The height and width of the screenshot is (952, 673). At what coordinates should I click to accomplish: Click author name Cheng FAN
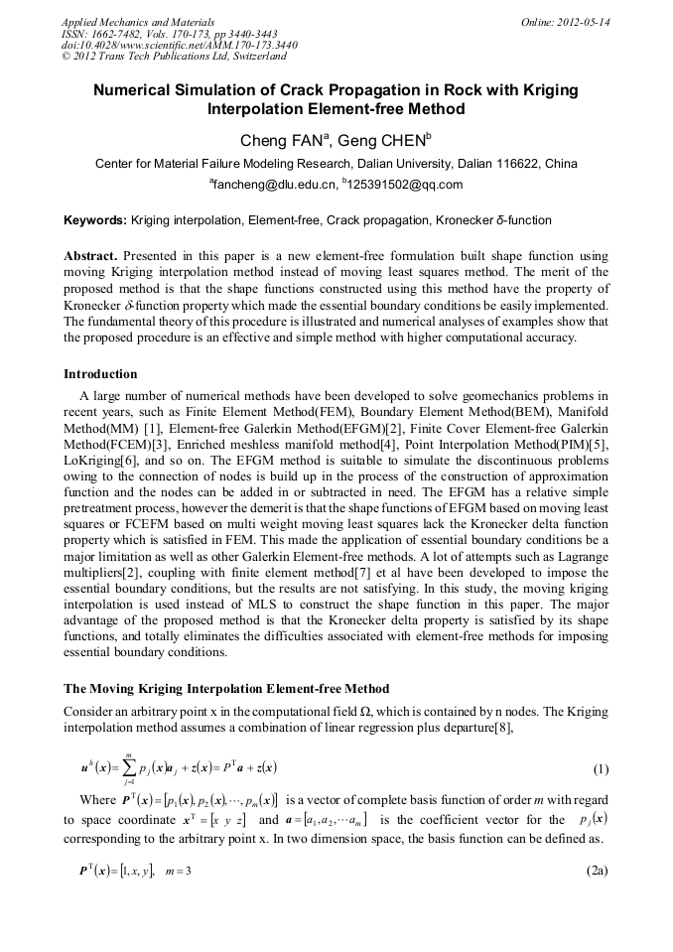pos(281,140)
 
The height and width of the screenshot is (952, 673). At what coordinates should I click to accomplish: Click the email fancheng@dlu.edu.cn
pos(273,185)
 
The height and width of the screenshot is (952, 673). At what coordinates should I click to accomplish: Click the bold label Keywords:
pos(95,219)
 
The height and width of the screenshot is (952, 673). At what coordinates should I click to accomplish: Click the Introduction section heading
pos(100,374)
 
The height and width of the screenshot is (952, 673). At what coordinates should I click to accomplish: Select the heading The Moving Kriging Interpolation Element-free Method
pos(226,689)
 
